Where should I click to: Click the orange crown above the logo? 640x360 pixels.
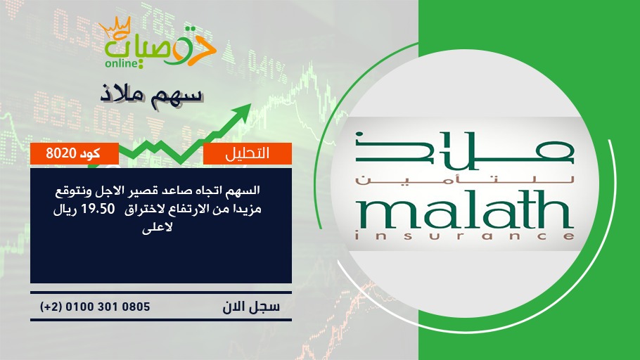click(115, 28)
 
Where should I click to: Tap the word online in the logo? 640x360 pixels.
click(121, 63)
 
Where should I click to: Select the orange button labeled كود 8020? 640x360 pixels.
click(75, 153)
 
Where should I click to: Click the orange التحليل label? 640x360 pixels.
click(248, 153)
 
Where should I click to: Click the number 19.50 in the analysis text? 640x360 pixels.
click(98, 209)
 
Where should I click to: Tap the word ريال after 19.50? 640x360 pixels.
click(65, 210)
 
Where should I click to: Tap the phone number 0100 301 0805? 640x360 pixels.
click(108, 307)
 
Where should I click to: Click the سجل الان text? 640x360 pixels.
click(251, 307)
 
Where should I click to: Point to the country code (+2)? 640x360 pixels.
click(51, 307)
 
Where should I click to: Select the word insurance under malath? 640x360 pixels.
click(465, 236)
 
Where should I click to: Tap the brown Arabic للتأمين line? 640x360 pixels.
click(465, 180)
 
